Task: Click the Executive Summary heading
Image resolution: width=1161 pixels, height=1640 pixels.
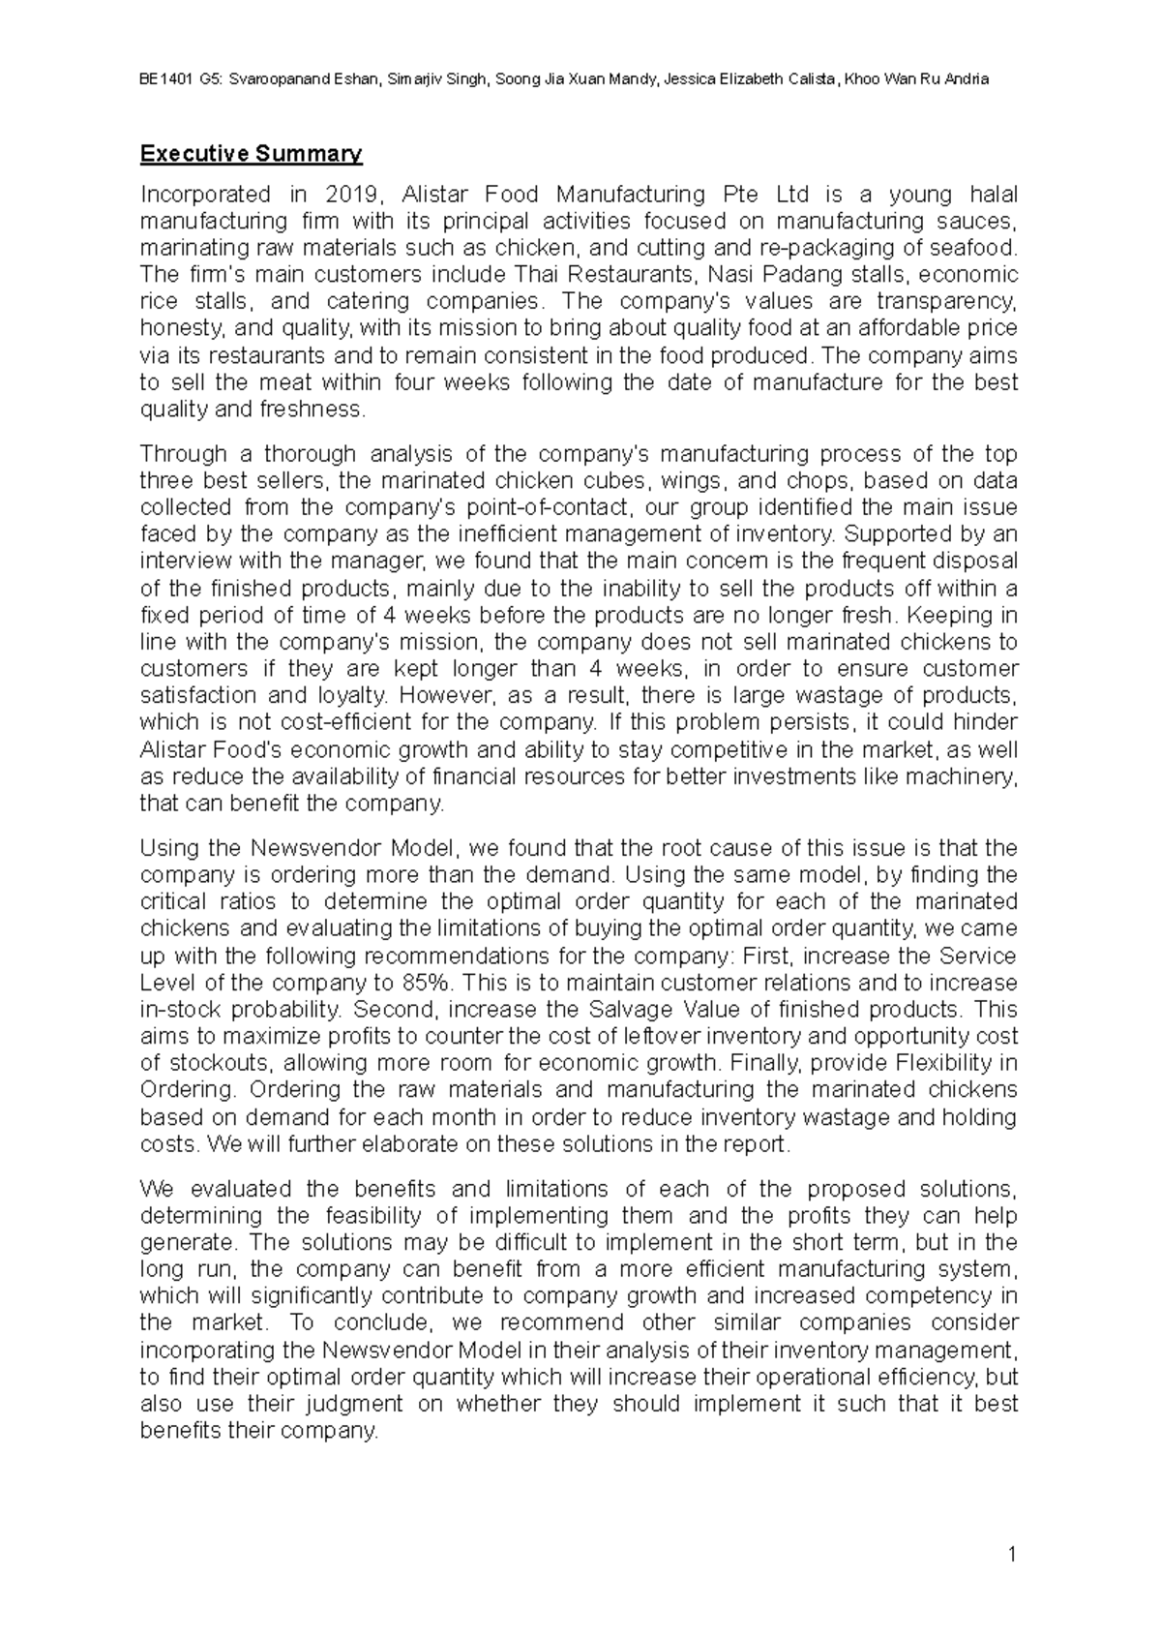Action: pyautogui.click(x=251, y=153)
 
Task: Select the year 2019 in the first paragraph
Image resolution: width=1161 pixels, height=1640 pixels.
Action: pyautogui.click(x=348, y=195)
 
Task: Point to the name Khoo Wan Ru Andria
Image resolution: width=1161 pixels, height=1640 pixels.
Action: pyautogui.click(x=916, y=79)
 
